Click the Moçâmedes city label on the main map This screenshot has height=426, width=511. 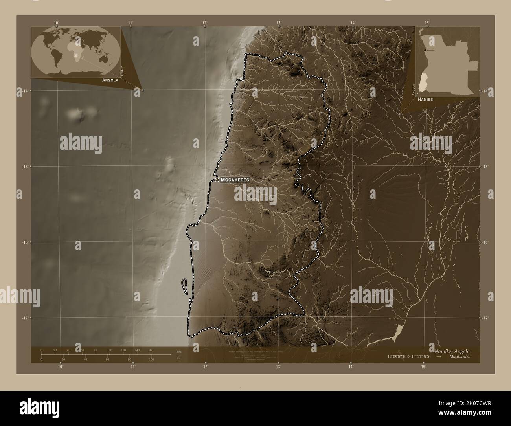tap(235, 180)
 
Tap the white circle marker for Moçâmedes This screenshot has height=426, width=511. tap(217, 180)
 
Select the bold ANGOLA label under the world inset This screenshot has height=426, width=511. tap(110, 80)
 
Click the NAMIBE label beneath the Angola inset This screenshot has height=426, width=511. tap(426, 99)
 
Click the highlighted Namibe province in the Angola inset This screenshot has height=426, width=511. tap(424, 81)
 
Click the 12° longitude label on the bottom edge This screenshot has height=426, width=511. tap(205, 367)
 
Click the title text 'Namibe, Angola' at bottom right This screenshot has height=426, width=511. tap(452, 351)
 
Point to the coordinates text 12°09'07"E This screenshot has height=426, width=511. tap(400, 357)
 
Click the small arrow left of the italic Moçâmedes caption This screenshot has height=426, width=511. tap(439, 357)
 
